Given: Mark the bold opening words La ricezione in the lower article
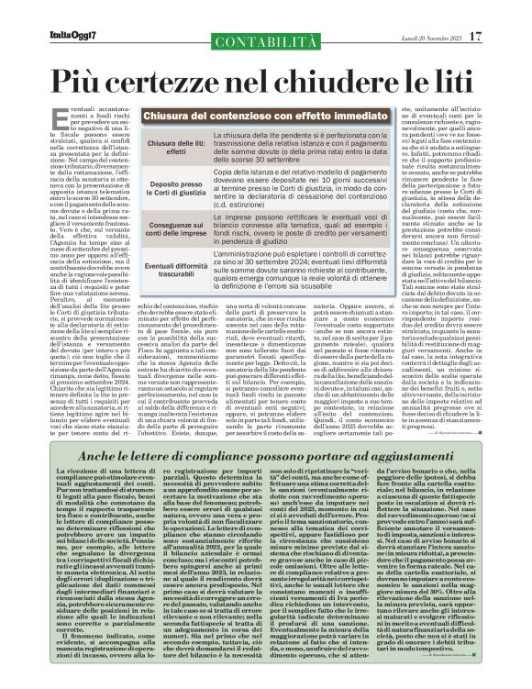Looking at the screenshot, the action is [x=75, y=470].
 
